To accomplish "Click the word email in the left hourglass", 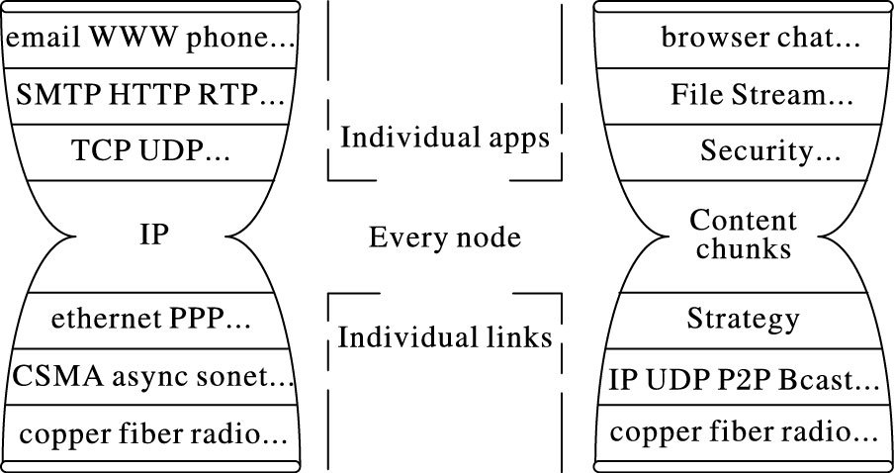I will click(44, 40).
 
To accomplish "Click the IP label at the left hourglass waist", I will click(153, 236).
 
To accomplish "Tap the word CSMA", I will click(50, 377).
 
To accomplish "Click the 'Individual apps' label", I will click(444, 137).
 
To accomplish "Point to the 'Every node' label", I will click(444, 237).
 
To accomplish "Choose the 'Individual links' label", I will click(444, 337).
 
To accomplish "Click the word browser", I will click(708, 40).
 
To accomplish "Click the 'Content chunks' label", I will click(743, 234).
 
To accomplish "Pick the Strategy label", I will click(743, 320).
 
